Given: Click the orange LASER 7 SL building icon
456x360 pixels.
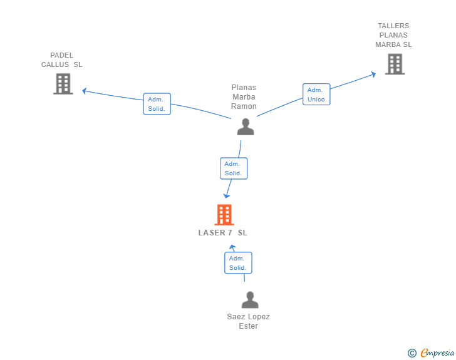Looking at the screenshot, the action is click(x=224, y=215).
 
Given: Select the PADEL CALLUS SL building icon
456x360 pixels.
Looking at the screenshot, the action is click(x=63, y=84).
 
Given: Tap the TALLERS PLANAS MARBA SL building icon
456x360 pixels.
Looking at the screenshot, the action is click(x=395, y=64).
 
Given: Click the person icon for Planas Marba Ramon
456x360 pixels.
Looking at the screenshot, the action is click(x=246, y=127).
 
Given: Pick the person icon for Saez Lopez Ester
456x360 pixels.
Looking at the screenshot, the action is click(x=250, y=300).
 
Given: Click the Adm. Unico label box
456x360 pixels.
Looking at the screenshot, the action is click(x=316, y=94).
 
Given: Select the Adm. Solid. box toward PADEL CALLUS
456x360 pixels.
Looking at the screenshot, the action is click(x=157, y=104).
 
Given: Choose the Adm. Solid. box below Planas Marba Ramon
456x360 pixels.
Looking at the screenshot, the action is click(x=234, y=168).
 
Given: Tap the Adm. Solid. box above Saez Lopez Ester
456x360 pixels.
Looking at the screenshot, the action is click(x=238, y=263).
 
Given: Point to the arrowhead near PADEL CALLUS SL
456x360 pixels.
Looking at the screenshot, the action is click(x=85, y=91).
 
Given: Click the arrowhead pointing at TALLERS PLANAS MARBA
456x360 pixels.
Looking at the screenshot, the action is click(x=373, y=74).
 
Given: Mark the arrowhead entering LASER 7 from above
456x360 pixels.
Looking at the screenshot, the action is click(x=227, y=196).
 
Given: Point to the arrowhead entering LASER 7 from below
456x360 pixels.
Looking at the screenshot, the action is click(x=232, y=247).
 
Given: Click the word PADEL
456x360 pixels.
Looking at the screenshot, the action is click(x=61, y=55).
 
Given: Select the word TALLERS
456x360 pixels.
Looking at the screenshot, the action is click(x=393, y=26).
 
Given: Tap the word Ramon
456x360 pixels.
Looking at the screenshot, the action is click(x=244, y=106).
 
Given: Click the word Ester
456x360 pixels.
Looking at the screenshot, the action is click(x=248, y=326).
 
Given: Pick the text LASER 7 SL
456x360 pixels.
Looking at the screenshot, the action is click(x=223, y=233).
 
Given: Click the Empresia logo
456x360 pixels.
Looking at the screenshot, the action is click(x=437, y=352).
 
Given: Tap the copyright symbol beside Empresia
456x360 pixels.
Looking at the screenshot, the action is click(x=412, y=353).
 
